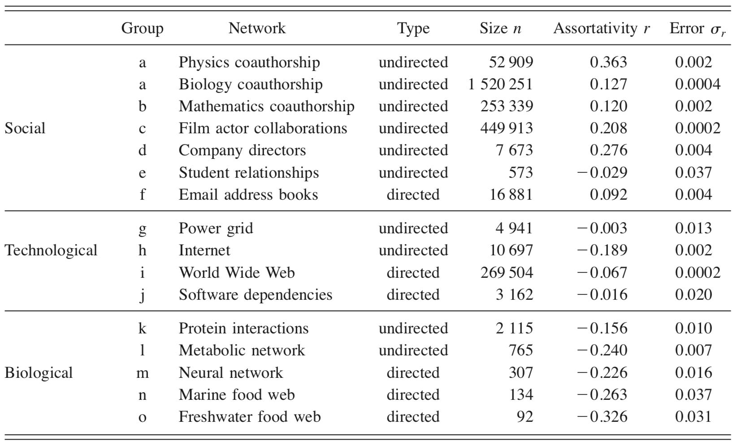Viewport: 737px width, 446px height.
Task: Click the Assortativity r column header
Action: pyautogui.click(x=601, y=28)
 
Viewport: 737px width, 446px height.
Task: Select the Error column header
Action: pyautogui.click(x=697, y=29)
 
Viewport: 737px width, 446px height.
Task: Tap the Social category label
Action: pyautogui.click(x=25, y=128)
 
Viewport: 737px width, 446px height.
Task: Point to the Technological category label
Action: pyautogui.click(x=51, y=250)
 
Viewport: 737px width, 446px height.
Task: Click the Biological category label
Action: pyautogui.click(x=39, y=373)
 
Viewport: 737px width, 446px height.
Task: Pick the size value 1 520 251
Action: pyautogui.click(x=500, y=84)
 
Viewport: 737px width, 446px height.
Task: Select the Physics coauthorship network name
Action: pyautogui.click(x=249, y=62)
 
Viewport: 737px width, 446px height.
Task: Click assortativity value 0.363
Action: pyautogui.click(x=608, y=62)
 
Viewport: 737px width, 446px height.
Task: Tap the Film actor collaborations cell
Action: pyautogui.click(x=263, y=128)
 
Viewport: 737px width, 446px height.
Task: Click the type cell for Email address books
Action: pyautogui.click(x=413, y=195)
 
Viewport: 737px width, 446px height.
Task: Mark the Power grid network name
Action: pyautogui.click(x=216, y=228)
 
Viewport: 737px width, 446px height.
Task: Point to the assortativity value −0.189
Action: pyautogui.click(x=602, y=250)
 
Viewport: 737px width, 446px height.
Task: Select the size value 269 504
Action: pyautogui.click(x=507, y=273)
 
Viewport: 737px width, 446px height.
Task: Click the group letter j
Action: pyautogui.click(x=142, y=295)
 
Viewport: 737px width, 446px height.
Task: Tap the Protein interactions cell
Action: pyautogui.click(x=243, y=328)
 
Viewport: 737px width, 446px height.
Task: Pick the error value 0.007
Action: pyautogui.click(x=693, y=350)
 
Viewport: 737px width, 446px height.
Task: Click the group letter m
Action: pyautogui.click(x=142, y=373)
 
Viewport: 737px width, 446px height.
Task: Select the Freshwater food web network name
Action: pyautogui.click(x=250, y=417)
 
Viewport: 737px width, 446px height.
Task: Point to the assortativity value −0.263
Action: pyautogui.click(x=602, y=395)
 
